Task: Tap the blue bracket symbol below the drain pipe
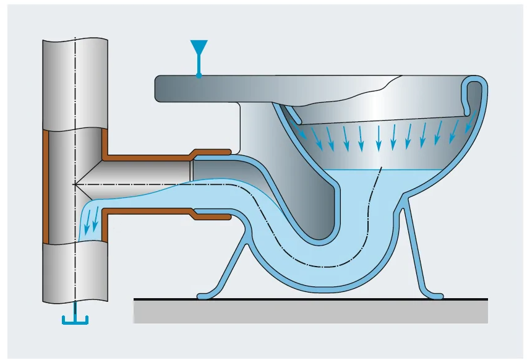(75, 319)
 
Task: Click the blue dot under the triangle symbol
(199, 75)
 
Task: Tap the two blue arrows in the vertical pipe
(91, 222)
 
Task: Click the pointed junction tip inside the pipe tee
(76, 184)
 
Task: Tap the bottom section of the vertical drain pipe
(75, 272)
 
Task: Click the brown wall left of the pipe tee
(45, 186)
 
